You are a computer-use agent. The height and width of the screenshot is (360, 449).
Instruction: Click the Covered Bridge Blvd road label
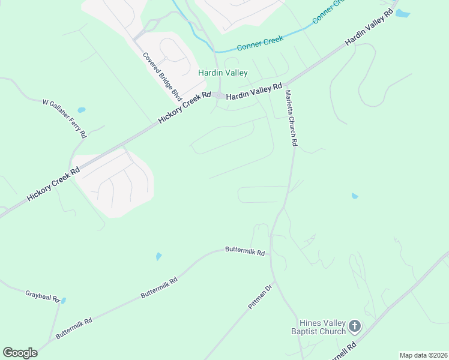coord(162,76)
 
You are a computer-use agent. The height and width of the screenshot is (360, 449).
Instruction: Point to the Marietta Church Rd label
coord(291,118)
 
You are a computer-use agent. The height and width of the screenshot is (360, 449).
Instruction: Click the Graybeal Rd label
coord(43,296)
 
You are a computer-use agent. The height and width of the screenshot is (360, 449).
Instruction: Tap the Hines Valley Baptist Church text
coord(318,328)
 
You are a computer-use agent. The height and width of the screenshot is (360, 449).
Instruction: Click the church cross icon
coord(355,327)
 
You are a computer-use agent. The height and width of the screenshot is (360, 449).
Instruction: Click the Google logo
coord(20,353)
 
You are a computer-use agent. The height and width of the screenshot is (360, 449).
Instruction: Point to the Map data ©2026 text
coord(423,355)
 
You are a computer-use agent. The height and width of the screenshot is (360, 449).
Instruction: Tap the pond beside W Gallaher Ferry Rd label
coord(82,110)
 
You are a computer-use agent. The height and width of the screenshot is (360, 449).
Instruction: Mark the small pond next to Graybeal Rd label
coord(63,301)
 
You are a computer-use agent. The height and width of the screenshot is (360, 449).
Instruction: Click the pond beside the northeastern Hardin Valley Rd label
coord(402,13)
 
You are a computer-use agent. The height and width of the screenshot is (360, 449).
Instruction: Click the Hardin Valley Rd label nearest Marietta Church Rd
coord(254,91)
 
